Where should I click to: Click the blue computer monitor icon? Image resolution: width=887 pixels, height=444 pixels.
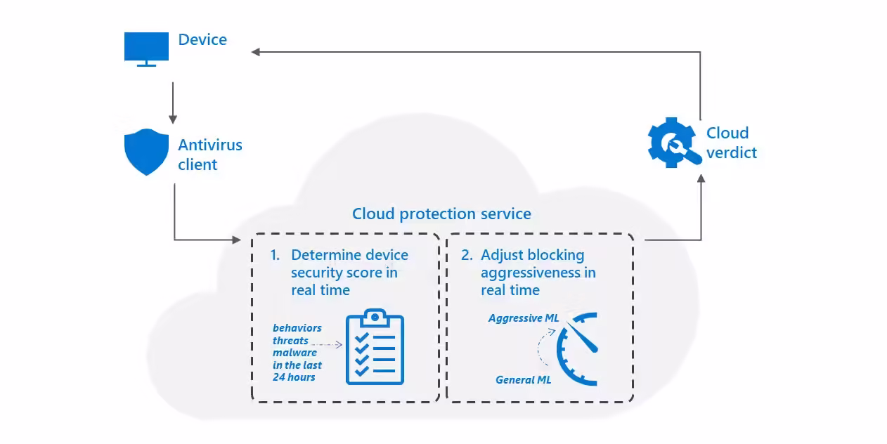146,48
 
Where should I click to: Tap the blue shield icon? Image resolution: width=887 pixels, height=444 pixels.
146,152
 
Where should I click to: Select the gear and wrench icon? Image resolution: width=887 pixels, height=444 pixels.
673,143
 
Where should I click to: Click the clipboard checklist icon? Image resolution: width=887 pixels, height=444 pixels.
375,347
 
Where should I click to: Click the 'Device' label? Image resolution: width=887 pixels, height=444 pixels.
202,40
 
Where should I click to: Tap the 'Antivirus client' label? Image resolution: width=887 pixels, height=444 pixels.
209,155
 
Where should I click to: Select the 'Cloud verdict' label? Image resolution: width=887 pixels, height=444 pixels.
731,143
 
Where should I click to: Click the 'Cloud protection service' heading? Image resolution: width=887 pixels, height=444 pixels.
441,214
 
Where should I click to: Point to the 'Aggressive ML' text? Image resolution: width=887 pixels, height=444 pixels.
524,318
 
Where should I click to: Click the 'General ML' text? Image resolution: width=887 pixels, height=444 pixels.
523,379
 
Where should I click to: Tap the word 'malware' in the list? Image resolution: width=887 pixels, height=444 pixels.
294,353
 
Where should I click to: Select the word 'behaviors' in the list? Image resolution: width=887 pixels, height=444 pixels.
297,328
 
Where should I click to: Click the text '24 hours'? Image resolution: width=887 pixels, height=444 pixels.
294,377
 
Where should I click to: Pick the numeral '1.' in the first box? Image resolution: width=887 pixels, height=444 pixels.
276,255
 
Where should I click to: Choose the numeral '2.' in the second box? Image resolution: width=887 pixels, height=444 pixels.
467,255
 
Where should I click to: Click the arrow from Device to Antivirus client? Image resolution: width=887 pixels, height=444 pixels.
171,103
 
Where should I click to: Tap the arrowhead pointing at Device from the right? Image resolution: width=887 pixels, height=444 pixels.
257,51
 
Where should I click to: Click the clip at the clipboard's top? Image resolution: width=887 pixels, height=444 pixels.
375,317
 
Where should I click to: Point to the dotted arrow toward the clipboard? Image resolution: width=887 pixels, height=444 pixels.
327,344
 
